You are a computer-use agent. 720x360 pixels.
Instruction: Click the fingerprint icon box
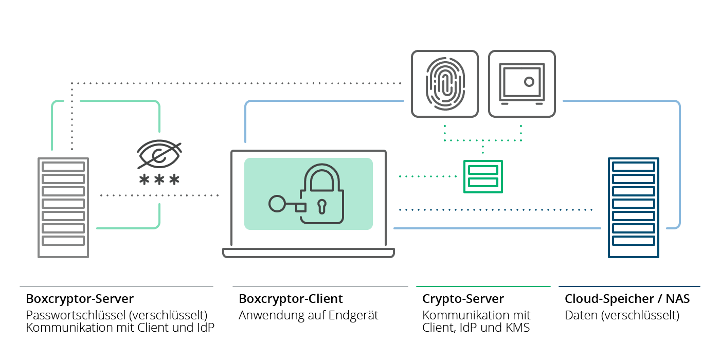pyautogui.click(x=444, y=83)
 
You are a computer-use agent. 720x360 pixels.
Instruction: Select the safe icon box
pyautogui.click(x=521, y=83)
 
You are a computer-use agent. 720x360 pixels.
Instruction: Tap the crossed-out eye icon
pyautogui.click(x=159, y=154)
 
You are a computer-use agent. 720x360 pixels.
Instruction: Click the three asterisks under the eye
pyautogui.click(x=159, y=181)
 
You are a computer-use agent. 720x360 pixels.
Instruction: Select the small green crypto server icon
pyautogui.click(x=483, y=176)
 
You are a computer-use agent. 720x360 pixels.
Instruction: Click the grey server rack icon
pyautogui.click(x=63, y=207)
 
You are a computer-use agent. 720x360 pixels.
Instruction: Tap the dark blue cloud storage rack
pyautogui.click(x=633, y=207)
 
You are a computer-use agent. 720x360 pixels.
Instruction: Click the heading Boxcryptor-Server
pyautogui.click(x=80, y=299)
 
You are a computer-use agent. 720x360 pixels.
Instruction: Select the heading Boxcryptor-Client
pyautogui.click(x=291, y=299)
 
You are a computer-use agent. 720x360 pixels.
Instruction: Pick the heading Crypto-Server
pyautogui.click(x=463, y=299)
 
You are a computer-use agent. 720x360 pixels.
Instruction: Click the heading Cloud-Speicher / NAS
pyautogui.click(x=627, y=299)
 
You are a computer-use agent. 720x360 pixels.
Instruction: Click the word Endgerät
pyautogui.click(x=356, y=315)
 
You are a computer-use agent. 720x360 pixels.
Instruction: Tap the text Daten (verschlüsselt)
pyautogui.click(x=622, y=315)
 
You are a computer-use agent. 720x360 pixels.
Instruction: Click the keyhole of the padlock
pyautogui.click(x=322, y=206)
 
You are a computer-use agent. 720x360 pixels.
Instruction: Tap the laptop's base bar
pyautogui.click(x=309, y=253)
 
